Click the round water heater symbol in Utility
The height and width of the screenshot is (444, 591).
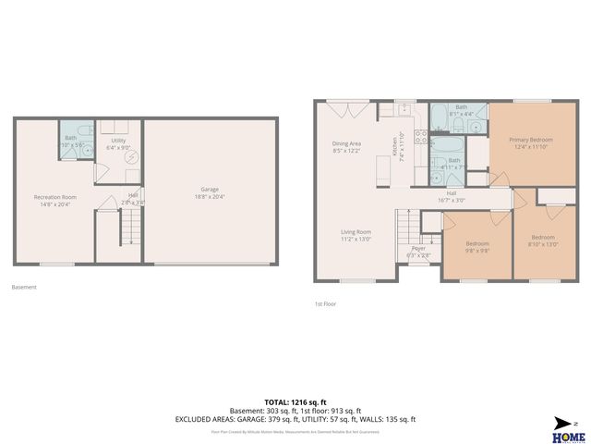pos(132,157)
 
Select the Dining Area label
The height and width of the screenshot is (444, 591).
pos(347,147)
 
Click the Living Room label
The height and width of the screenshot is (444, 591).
pos(356,235)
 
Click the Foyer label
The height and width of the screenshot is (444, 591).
pos(418,251)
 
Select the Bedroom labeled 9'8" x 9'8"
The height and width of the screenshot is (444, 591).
pos(476,247)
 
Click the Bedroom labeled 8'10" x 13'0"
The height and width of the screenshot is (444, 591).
pos(543,240)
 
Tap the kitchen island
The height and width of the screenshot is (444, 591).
pos(380,170)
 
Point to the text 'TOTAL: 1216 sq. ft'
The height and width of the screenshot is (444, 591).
pos(295,403)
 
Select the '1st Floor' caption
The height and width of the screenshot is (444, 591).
pos(326,303)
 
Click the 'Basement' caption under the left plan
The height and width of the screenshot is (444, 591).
pos(24,287)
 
